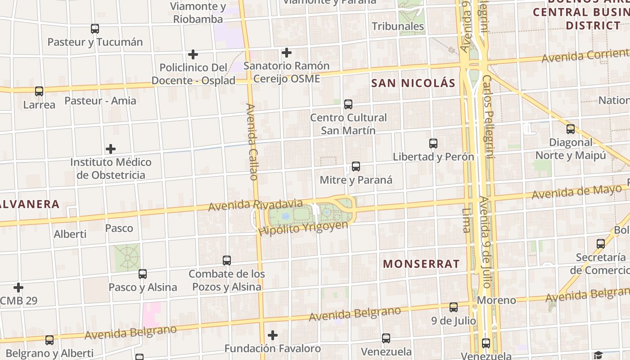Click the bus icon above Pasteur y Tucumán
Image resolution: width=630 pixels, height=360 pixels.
94,29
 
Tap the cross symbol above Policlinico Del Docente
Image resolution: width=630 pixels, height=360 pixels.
193,54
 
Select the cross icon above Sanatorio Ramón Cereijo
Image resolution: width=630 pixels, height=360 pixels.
286,53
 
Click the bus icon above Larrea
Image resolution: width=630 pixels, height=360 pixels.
39,91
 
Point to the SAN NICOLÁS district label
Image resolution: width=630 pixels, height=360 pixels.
413,83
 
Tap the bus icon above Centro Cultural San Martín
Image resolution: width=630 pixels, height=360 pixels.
348,104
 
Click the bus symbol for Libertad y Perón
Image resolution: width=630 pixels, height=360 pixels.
433,144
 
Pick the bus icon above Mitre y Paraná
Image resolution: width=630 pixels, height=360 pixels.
355,166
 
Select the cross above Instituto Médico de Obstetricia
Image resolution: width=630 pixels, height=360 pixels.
111,149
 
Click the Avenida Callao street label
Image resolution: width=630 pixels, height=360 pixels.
252,142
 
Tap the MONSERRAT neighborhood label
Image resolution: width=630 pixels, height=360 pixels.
421,264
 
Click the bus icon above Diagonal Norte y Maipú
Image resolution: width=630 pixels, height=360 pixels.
570,129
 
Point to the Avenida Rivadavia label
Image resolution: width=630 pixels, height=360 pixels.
255,205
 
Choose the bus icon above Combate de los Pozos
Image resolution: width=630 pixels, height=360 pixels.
227,261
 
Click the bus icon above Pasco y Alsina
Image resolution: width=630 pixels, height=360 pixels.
143,274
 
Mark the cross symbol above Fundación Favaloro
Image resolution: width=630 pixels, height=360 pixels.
272,335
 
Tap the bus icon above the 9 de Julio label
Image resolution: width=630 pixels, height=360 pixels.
453,307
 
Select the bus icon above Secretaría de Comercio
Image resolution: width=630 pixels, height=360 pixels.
600,244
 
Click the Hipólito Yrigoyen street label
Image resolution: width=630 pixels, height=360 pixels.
303,228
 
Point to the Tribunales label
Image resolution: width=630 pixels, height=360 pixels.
398,26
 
